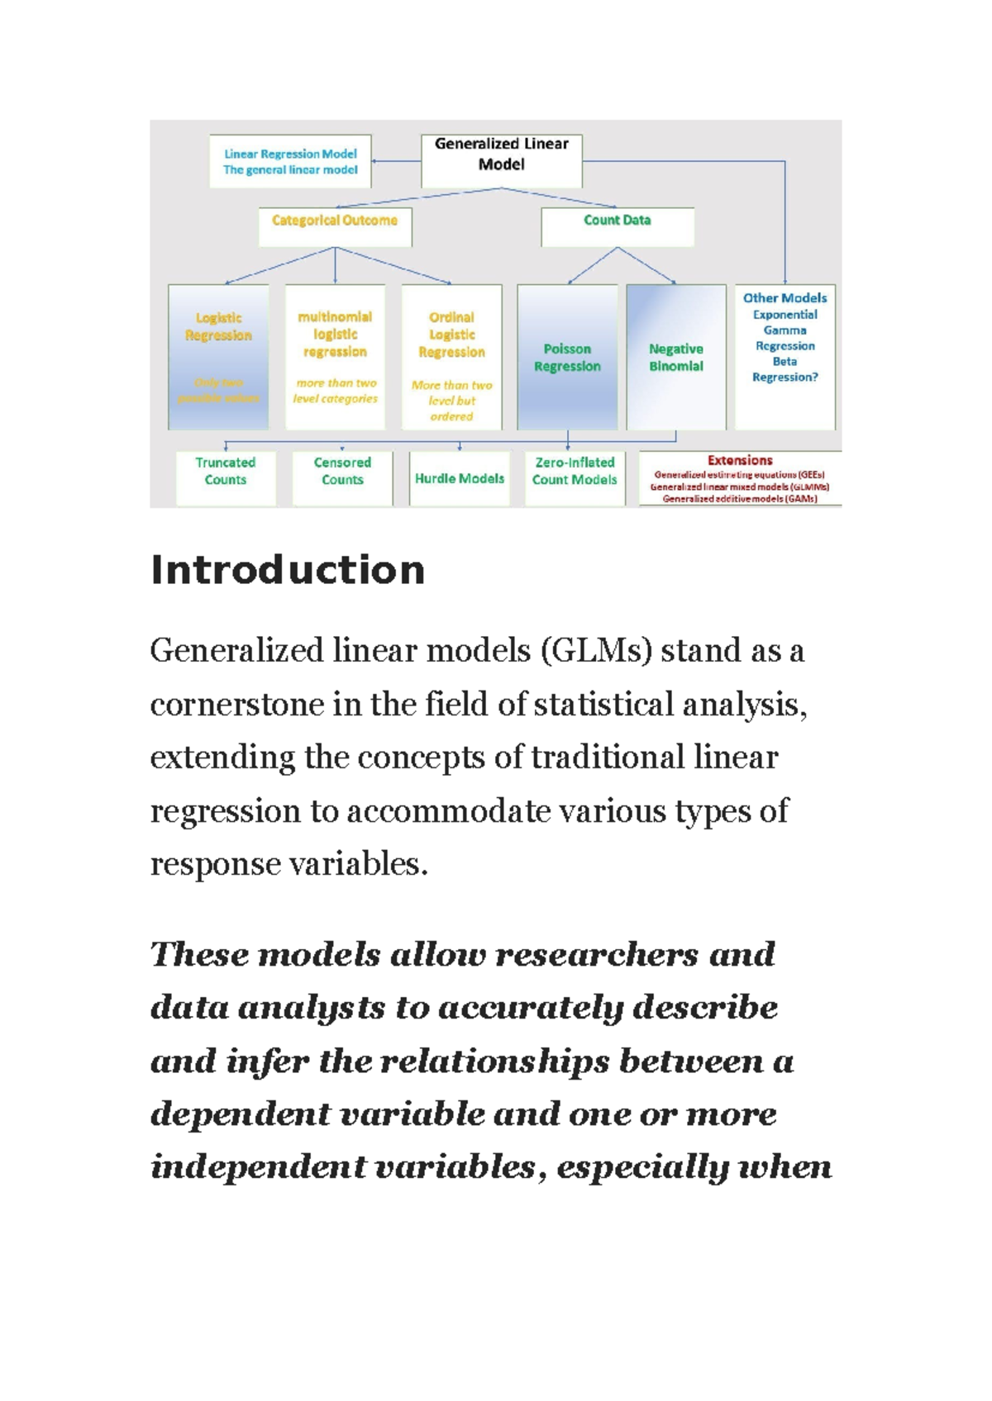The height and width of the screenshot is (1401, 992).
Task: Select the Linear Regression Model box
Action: click(x=290, y=161)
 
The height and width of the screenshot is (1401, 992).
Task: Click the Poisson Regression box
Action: click(x=567, y=357)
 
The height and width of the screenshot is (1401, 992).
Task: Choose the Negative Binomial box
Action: click(x=675, y=357)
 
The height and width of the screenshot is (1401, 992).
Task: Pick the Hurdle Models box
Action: click(x=459, y=478)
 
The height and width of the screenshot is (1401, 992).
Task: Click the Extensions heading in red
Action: click(x=740, y=460)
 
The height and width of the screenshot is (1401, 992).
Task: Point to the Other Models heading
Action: click(x=785, y=297)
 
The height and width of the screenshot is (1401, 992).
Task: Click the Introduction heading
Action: click(x=288, y=570)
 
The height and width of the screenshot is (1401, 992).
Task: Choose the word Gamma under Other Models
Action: click(x=785, y=330)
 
